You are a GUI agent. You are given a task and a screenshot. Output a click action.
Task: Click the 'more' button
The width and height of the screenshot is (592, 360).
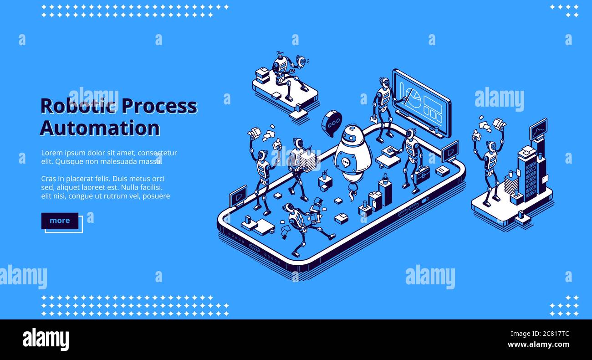[x=60, y=221]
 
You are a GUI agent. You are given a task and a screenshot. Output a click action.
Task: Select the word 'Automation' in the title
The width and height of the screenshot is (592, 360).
[x=100, y=128]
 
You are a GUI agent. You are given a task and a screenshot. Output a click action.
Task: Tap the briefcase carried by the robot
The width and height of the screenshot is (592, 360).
[x=422, y=175]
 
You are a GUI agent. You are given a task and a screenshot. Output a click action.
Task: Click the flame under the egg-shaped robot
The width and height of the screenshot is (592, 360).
[x=352, y=195]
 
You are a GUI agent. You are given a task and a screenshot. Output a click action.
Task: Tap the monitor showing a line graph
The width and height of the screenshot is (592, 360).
[x=538, y=129]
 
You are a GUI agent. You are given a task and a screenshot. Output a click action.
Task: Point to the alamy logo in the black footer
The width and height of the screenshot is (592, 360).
[x=46, y=339]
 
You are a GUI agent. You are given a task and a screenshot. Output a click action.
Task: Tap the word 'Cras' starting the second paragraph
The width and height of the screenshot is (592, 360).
[x=49, y=179]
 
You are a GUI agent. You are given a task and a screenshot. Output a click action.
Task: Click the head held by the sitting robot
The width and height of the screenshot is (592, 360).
[x=301, y=61]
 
